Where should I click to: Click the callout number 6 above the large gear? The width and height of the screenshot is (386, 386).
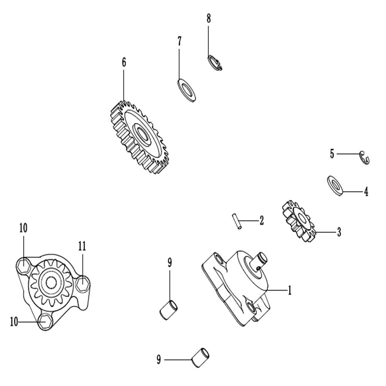pos(124,62)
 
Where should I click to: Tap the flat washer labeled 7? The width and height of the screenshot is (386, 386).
pos(186,90)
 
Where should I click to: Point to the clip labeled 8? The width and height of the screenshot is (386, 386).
pos(214,63)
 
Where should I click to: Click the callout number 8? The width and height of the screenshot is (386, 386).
pos(209,19)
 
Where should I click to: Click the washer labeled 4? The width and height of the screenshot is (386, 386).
pos(335,186)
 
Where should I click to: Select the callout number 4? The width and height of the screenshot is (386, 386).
pos(366,191)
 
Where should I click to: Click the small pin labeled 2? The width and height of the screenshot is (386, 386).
pos(237,222)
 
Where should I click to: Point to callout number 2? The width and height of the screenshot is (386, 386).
pos(261,220)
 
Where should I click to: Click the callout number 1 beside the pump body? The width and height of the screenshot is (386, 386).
pos(290,291)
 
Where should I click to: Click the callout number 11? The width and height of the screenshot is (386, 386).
pos(82,246)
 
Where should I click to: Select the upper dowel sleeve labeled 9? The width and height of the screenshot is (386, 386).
pos(169,310)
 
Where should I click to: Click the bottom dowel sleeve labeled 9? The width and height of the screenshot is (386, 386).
pos(200,358)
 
